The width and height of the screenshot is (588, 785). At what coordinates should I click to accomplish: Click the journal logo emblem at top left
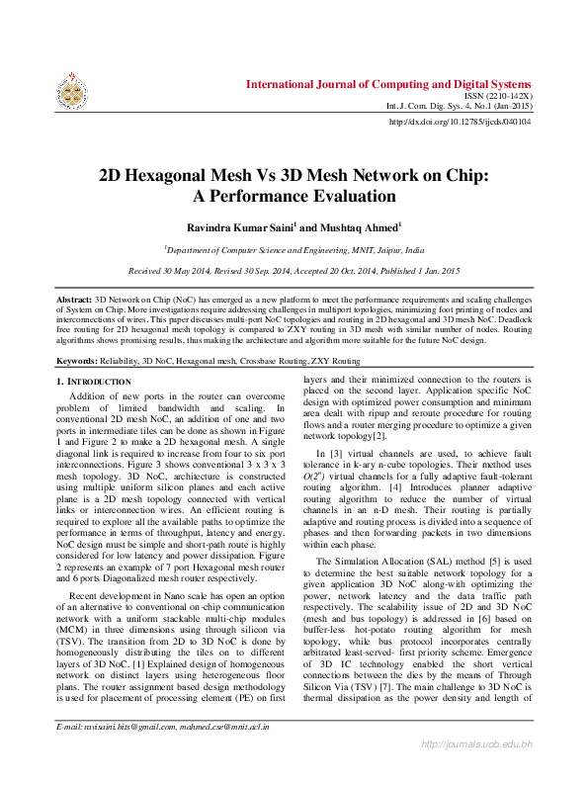click(70, 90)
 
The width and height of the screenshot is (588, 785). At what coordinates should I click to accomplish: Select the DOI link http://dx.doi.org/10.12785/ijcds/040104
click(461, 122)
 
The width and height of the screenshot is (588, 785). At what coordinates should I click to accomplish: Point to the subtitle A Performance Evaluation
click(293, 197)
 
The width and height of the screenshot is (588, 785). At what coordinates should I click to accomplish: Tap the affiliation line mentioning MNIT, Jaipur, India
click(294, 251)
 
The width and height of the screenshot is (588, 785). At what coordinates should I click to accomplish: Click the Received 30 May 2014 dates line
click(294, 271)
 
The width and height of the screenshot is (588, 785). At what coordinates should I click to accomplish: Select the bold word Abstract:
click(73, 298)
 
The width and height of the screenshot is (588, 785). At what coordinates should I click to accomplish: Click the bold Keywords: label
click(76, 362)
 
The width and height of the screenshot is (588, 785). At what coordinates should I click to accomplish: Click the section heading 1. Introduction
click(93, 382)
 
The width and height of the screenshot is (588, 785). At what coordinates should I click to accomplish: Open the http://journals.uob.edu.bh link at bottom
click(477, 771)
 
